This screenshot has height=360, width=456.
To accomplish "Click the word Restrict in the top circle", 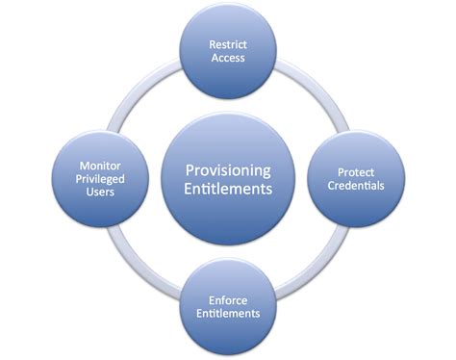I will [228, 43].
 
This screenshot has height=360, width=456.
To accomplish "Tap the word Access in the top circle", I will [228, 57].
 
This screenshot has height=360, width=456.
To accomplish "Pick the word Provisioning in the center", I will [228, 169].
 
